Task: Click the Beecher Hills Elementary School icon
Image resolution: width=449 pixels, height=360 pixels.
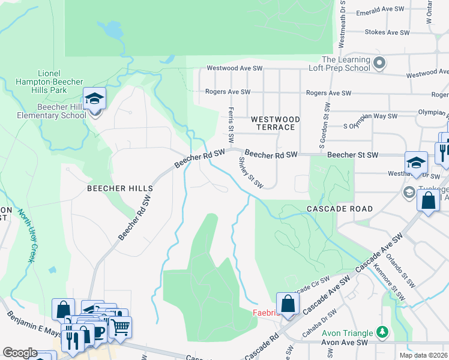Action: (x=94, y=98)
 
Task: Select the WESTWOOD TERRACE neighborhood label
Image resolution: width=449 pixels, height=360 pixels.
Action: (x=273, y=123)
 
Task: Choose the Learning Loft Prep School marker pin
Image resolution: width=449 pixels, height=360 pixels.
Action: (x=379, y=62)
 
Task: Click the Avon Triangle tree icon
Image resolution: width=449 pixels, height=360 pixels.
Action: (x=381, y=332)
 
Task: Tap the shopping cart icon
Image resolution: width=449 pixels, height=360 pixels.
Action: (x=120, y=327)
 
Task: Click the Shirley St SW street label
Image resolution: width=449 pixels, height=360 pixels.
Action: (x=251, y=172)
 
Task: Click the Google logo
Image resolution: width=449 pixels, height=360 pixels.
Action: (x=20, y=352)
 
